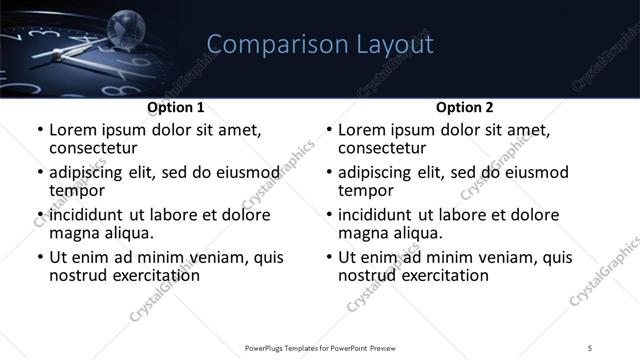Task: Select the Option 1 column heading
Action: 176,107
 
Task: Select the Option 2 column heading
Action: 465,107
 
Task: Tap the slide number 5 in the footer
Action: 591,347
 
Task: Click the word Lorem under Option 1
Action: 73,130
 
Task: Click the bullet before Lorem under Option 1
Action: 39,131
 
